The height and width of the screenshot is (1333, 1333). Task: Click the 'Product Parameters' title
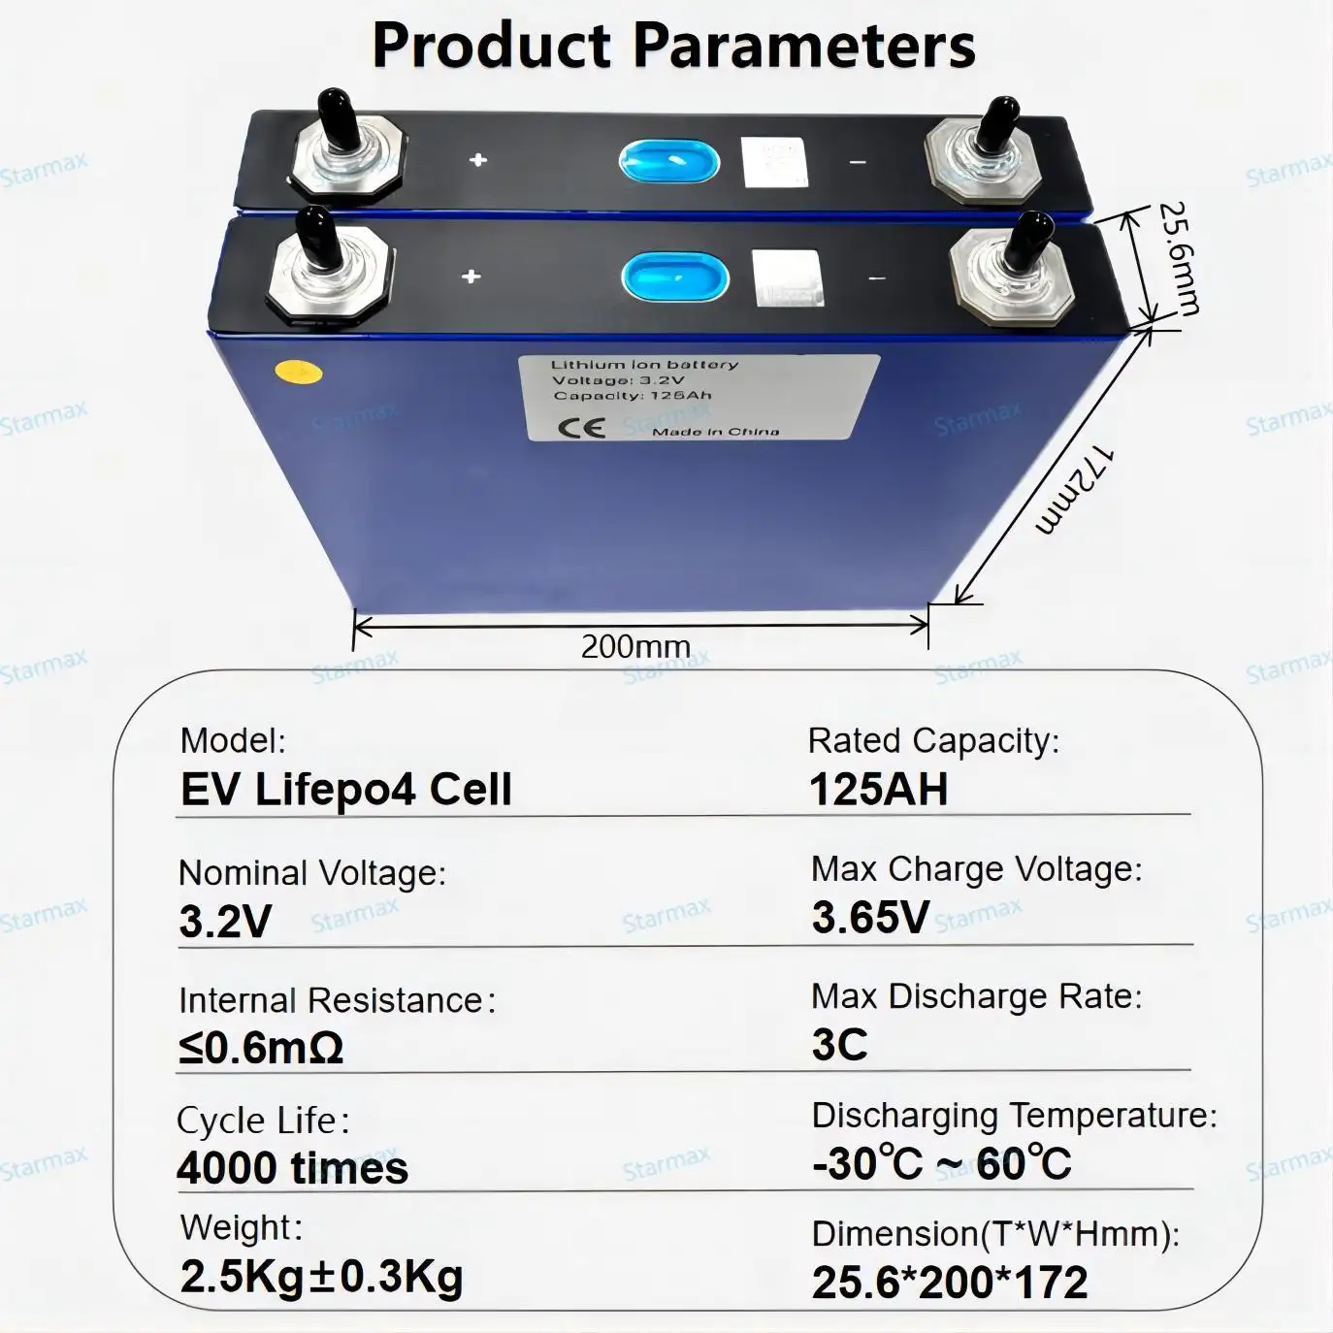pyautogui.click(x=673, y=45)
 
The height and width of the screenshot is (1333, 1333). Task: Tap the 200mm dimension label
pyautogui.click(x=635, y=646)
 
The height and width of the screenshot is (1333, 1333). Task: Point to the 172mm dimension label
pyautogui.click(x=1073, y=490)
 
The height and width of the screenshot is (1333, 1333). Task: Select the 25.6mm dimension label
pyautogui.click(x=1178, y=257)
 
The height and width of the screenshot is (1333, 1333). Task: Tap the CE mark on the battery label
pyautogui.click(x=582, y=428)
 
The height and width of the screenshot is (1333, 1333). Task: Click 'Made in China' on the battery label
pyautogui.click(x=715, y=431)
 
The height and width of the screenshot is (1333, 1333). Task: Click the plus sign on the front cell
pyautogui.click(x=471, y=276)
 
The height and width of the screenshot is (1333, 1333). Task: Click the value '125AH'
pyautogui.click(x=878, y=789)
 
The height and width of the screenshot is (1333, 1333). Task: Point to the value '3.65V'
pyautogui.click(x=870, y=917)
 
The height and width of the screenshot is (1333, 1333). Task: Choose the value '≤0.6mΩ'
pyautogui.click(x=261, y=1049)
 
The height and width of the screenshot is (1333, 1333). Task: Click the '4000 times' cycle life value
pyautogui.click(x=292, y=1167)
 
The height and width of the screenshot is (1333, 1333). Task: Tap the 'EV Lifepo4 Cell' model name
pyautogui.click(x=345, y=790)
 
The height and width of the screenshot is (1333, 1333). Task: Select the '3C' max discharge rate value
pyautogui.click(x=839, y=1045)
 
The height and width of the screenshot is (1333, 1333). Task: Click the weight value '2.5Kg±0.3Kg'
pyautogui.click(x=321, y=1277)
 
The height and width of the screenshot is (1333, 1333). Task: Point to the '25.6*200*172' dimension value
pyautogui.click(x=950, y=1283)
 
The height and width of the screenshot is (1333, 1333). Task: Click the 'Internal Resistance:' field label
pyautogui.click(x=336, y=1000)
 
